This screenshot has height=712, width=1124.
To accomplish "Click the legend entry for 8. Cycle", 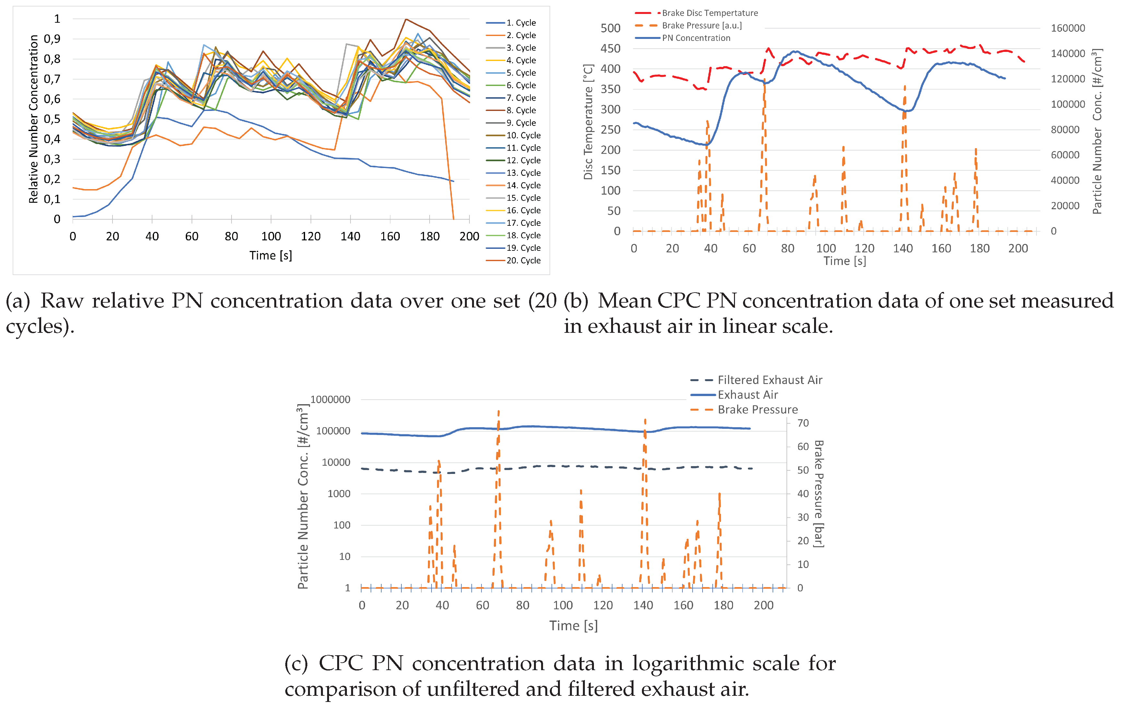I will pyautogui.click(x=521, y=110).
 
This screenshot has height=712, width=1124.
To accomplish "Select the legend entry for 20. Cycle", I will pyautogui.click(x=523, y=260).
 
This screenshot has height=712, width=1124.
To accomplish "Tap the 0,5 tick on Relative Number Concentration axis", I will pyautogui.click(x=52, y=119).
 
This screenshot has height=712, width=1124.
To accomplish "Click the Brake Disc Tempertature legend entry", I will pyautogui.click(x=709, y=13).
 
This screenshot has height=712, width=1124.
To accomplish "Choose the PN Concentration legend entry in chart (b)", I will pyautogui.click(x=696, y=38).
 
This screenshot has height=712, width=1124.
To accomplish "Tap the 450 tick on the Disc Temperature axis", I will pyautogui.click(x=610, y=49).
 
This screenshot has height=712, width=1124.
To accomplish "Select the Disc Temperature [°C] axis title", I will pyautogui.click(x=588, y=122).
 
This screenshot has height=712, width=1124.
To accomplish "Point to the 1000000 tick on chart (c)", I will pyautogui.click(x=330, y=400).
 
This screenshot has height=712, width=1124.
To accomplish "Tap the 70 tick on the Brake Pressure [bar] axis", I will pyautogui.click(x=803, y=423).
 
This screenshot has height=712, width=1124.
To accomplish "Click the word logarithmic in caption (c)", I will pyautogui.click(x=716, y=663).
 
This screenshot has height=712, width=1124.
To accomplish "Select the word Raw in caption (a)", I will pyautogui.click(x=62, y=301).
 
